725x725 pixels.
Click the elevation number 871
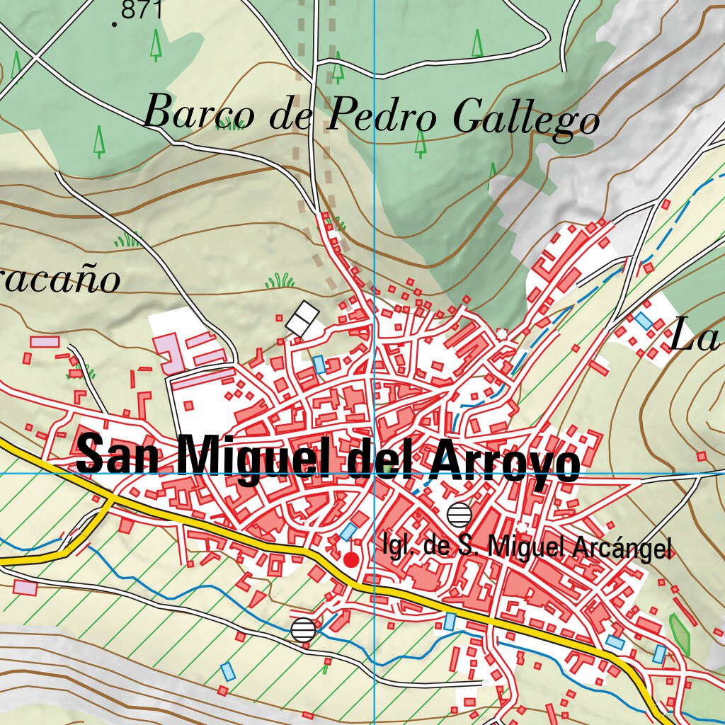(142, 10)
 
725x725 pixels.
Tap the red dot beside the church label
(350, 560)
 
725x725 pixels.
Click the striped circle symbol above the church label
(459, 513)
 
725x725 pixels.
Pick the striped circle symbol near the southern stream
(303, 629)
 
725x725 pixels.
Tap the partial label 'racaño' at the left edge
(60, 281)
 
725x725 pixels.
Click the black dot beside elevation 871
(115, 25)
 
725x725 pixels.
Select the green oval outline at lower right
(679, 634)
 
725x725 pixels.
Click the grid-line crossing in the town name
(374, 472)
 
